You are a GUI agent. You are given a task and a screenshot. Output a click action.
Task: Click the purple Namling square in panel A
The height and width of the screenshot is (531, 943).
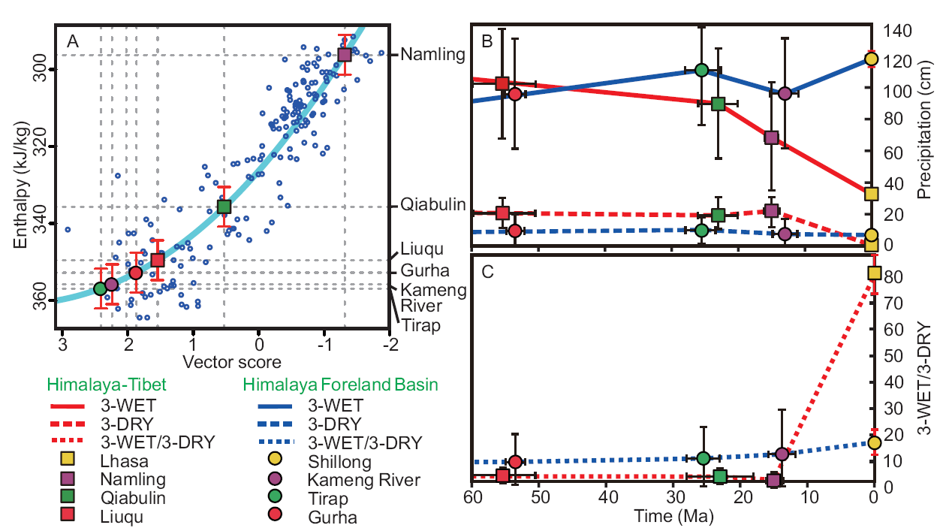[x=345, y=55]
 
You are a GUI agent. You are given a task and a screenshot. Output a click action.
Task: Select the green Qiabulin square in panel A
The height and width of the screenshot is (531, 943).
[x=224, y=207]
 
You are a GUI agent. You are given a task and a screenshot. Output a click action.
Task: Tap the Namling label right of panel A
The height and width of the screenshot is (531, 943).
[x=432, y=55]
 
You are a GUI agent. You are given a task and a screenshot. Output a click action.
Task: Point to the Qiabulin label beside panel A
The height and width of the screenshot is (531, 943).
[x=432, y=205]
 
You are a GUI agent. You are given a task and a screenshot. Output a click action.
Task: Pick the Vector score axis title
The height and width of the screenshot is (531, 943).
[x=224, y=362]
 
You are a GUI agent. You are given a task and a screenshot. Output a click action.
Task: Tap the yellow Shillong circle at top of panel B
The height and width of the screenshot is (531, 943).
[x=872, y=59]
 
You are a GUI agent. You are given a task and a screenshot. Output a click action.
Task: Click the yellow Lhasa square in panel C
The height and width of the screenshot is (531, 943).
[x=874, y=273]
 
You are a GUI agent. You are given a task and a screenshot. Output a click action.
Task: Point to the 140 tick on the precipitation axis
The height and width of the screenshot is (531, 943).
[x=899, y=31]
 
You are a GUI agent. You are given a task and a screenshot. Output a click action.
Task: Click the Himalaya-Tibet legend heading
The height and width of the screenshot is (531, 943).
[x=106, y=385]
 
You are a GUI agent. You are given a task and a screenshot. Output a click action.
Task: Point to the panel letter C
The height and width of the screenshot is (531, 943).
[x=487, y=272]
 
